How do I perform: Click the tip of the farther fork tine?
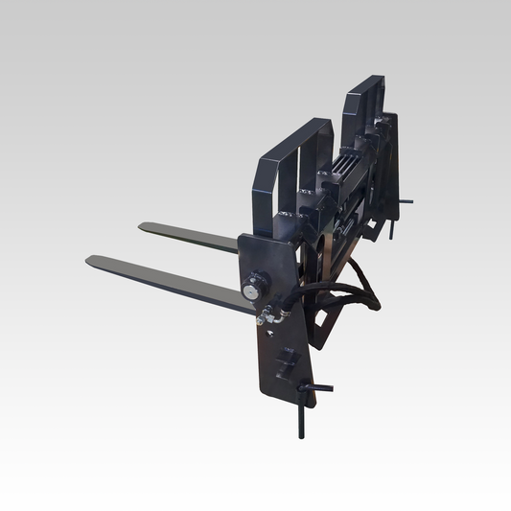pyautogui.click(x=143, y=227)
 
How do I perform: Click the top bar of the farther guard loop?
pyautogui.click(x=364, y=87)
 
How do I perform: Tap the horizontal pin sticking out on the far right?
pyautogui.click(x=408, y=201)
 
